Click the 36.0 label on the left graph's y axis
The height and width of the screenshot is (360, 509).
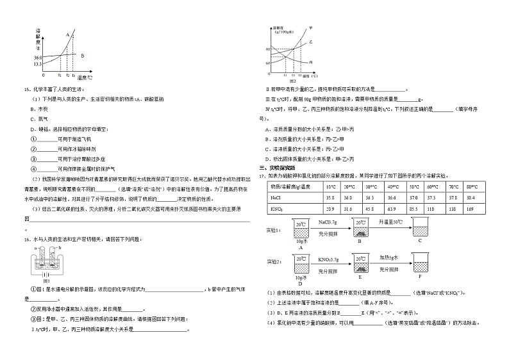click(x=38, y=57)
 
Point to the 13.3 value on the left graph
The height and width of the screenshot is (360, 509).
click(x=38, y=63)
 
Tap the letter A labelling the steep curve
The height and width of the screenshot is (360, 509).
click(x=67, y=35)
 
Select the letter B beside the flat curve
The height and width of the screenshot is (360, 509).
click(x=83, y=56)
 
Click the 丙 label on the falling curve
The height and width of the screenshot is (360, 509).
click(x=311, y=61)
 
